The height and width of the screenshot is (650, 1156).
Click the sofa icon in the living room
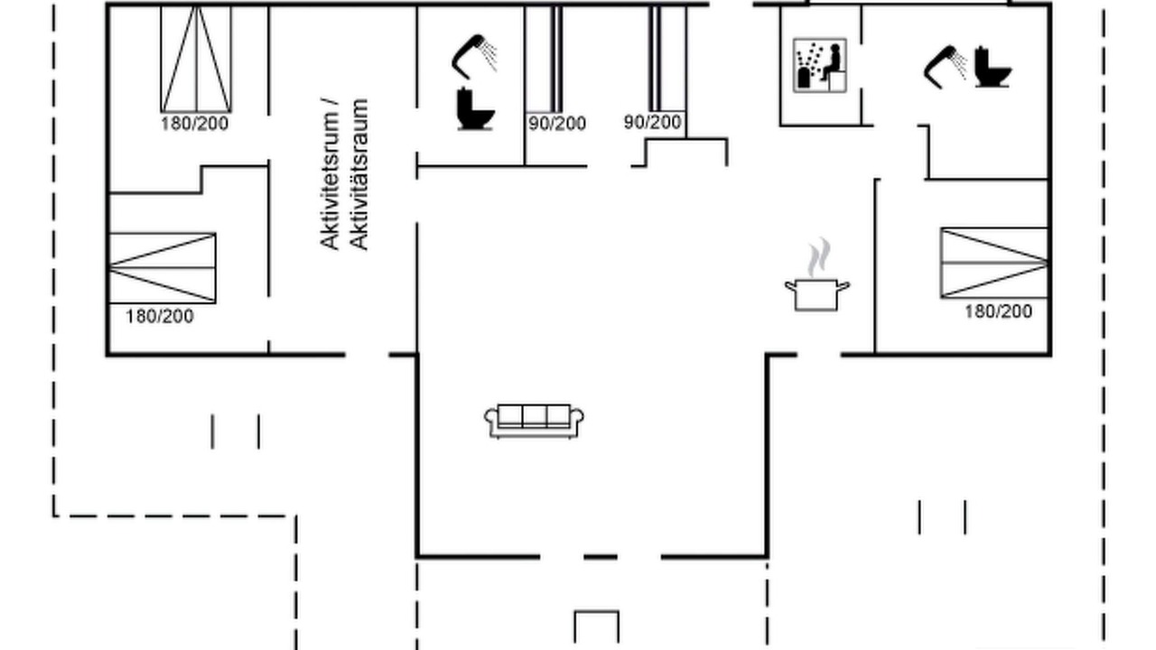[534, 421]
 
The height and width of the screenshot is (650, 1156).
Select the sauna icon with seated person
[819, 65]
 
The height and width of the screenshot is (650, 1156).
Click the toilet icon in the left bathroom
[475, 109]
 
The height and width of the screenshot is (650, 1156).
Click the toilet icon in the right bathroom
[993, 67]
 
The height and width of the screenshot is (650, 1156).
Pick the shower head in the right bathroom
[945, 67]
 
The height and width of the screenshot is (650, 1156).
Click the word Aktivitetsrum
[331, 174]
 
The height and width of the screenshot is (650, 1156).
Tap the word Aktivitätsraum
[359, 174]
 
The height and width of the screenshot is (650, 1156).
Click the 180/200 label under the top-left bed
[194, 124]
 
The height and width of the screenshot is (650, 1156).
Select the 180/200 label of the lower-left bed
[160, 316]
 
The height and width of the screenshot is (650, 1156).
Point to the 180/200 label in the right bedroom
[999, 311]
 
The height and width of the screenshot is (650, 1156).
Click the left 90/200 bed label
[557, 124]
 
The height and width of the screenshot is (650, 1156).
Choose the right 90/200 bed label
[653, 122]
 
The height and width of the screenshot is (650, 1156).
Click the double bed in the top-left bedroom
[196, 59]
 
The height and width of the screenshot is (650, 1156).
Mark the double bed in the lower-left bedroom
[162, 268]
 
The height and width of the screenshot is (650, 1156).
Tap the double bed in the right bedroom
[994, 263]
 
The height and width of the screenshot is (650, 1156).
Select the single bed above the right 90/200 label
[667, 59]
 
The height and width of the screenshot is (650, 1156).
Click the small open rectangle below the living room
[597, 612]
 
